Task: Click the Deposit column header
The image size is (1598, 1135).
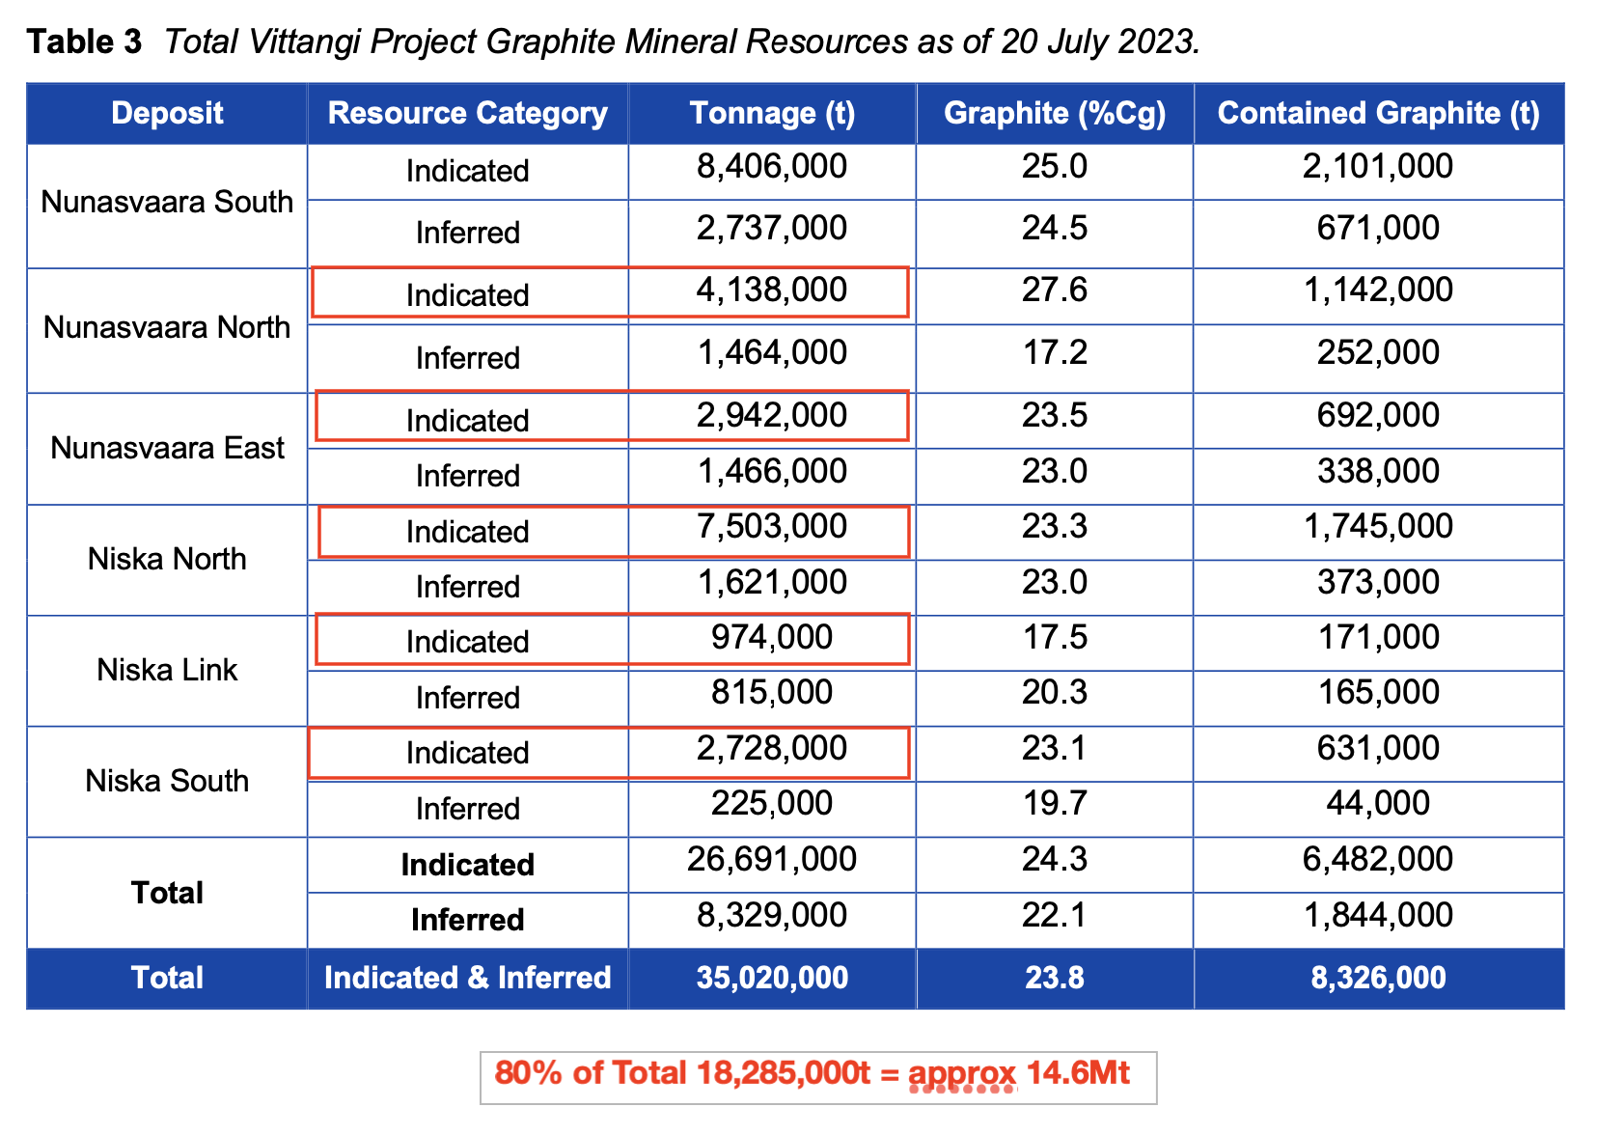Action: [x=167, y=113]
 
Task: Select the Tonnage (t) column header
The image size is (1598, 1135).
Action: [x=772, y=113]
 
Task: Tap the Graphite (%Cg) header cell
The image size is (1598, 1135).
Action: [x=1055, y=113]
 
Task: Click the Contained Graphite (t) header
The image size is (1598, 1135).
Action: [x=1378, y=113]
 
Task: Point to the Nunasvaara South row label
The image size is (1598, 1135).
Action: [x=167, y=202]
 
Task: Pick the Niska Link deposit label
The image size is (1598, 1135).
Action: [x=167, y=670]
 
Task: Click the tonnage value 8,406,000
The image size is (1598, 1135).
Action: [x=772, y=166]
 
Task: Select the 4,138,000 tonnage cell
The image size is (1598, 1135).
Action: [x=772, y=290]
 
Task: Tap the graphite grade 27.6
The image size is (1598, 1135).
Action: [x=1055, y=290]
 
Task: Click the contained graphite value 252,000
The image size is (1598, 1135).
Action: [x=1378, y=352]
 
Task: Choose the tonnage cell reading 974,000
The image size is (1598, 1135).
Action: [x=772, y=637]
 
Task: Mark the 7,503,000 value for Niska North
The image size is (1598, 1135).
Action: [x=772, y=526]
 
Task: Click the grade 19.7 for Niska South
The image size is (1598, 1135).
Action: [x=1055, y=803]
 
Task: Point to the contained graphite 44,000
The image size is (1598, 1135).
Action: [x=1378, y=803]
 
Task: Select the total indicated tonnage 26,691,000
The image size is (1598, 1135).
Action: [x=772, y=859]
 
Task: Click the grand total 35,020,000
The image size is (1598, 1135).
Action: [x=772, y=978]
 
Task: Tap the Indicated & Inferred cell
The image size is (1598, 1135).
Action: [x=468, y=978]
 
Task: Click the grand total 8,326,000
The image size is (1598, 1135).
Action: [x=1378, y=978]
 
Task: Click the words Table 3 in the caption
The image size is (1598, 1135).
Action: [x=85, y=42]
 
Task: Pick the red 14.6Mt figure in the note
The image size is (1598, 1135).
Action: [x=1078, y=1073]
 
